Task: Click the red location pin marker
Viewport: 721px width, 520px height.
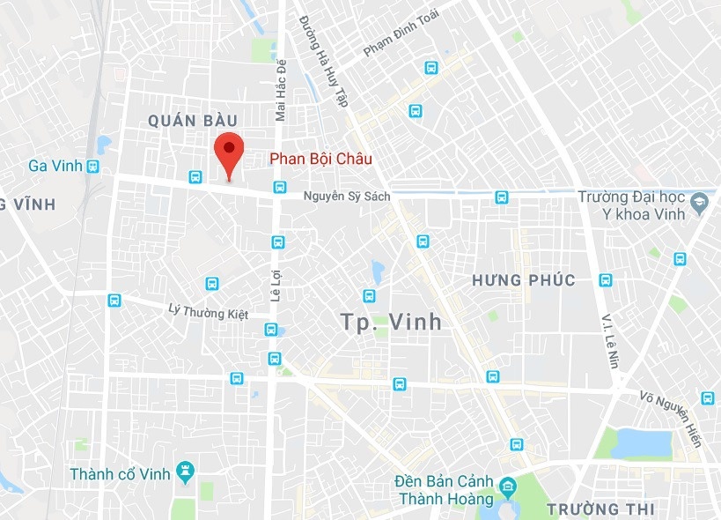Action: [x=229, y=156]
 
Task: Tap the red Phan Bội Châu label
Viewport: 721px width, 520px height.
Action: [x=320, y=159]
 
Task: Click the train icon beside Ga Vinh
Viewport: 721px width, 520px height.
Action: [x=92, y=166]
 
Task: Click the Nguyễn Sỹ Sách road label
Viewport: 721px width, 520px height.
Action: [x=346, y=196]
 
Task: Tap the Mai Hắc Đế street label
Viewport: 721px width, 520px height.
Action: [x=281, y=93]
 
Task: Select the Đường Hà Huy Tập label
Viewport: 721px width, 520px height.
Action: [x=323, y=61]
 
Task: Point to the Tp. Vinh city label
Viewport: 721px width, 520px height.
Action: [x=390, y=323]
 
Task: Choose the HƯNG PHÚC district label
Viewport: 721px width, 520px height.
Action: [x=523, y=281]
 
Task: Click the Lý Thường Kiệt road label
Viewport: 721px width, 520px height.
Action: [x=208, y=310]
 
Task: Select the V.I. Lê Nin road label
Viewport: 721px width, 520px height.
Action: [x=608, y=339]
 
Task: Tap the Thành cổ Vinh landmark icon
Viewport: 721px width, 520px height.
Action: [x=185, y=473]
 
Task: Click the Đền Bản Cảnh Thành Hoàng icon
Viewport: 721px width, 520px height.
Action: [x=508, y=486]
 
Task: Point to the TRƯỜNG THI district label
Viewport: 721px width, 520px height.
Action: [x=600, y=509]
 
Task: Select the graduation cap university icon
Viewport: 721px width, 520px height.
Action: [x=701, y=202]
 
